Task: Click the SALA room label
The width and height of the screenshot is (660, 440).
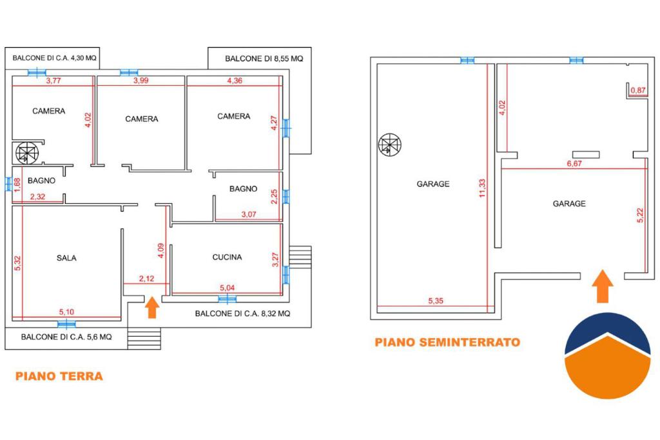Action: [x=66, y=258]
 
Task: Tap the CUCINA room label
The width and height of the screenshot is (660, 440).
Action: [x=227, y=257]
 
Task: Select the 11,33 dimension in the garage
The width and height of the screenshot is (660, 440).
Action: [x=482, y=188]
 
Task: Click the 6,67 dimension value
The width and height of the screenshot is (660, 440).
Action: [x=574, y=163]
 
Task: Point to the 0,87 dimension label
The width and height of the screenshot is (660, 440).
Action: [x=638, y=90]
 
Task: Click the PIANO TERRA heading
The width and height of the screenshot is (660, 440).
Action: [x=59, y=376]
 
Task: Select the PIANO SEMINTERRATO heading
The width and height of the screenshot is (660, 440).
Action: [x=447, y=342]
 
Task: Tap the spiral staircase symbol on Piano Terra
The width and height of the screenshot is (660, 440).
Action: [x=27, y=153]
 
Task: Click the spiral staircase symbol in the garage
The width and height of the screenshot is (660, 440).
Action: [x=390, y=145]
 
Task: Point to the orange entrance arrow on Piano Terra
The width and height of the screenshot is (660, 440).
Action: [x=152, y=308]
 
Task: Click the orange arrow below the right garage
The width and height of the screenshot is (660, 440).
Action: [x=603, y=286]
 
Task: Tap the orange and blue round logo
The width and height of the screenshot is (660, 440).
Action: [x=607, y=355]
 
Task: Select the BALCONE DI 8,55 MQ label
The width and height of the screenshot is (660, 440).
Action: [x=264, y=59]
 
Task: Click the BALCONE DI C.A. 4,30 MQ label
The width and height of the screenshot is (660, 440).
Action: [x=54, y=57]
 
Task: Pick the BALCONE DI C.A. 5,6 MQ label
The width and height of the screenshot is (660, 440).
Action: [x=66, y=337]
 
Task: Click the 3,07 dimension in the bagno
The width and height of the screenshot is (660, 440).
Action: [x=249, y=214]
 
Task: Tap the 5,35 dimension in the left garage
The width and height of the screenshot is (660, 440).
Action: [x=436, y=301]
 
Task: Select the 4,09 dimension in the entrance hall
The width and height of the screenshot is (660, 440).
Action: [x=160, y=251]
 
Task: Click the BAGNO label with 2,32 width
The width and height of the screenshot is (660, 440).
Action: [x=41, y=181]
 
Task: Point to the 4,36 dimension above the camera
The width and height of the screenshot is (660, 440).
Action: [x=235, y=81]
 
